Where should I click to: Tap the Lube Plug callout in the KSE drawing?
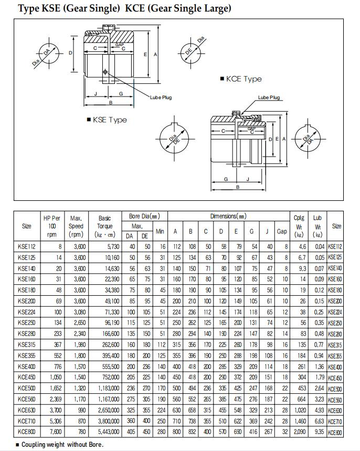pos(161,98)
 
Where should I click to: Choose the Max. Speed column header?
pos(76,226)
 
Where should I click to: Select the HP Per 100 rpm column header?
pos(51,226)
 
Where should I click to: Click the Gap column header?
pos(282,231)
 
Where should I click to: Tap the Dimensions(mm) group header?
pos(228,216)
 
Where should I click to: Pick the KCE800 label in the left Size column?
pos(26,432)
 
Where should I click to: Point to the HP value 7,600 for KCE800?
pos(56,432)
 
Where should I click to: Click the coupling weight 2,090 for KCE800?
pos(300,432)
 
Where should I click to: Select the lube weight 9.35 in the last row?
pos(317,432)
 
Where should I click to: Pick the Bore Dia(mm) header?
pos(144,216)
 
